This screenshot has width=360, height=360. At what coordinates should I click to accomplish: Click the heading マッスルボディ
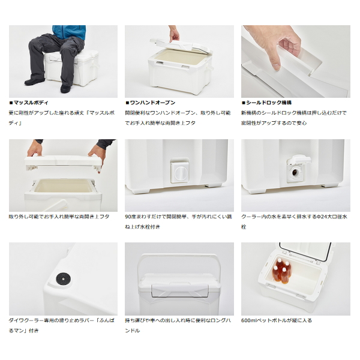tap(31, 103)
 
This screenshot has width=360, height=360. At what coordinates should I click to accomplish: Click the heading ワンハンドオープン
tap(152, 103)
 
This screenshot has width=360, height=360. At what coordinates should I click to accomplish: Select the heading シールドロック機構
tap(269, 103)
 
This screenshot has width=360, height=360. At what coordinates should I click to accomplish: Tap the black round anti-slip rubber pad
tap(64, 279)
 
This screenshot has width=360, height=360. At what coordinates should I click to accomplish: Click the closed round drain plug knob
tap(180, 172)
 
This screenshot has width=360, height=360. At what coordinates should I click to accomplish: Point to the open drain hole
tap(295, 172)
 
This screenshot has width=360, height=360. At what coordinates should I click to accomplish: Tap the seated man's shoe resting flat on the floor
tap(34, 81)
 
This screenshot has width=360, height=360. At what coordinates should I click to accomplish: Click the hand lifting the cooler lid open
tap(174, 34)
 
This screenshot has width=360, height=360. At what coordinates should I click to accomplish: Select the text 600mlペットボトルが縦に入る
tap(277, 320)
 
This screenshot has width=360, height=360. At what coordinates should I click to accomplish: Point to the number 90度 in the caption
tap(130, 217)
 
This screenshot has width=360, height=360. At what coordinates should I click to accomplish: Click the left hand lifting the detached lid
tap(35, 148)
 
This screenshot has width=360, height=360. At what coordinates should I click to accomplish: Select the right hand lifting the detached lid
tap(97, 156)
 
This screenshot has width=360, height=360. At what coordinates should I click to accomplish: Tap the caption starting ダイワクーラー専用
tap(62, 326)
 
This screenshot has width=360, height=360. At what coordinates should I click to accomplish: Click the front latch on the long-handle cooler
tap(180, 290)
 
